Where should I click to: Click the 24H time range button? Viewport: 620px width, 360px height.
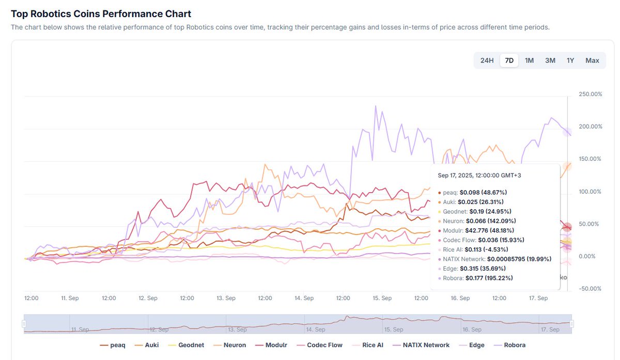487,60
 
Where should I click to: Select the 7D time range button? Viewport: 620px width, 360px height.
509,60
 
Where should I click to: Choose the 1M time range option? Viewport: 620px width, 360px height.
529,60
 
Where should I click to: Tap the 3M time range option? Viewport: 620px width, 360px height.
550,60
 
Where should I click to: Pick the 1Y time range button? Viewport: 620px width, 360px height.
570,60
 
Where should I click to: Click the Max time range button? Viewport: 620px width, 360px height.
592,60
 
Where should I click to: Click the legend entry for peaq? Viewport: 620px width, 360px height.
112,345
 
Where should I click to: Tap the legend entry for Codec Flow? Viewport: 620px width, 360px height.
319,345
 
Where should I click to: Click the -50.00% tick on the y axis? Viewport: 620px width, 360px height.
589,289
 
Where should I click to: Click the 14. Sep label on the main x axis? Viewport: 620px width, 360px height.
304,298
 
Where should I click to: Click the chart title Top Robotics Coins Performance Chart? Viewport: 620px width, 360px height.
101,14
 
